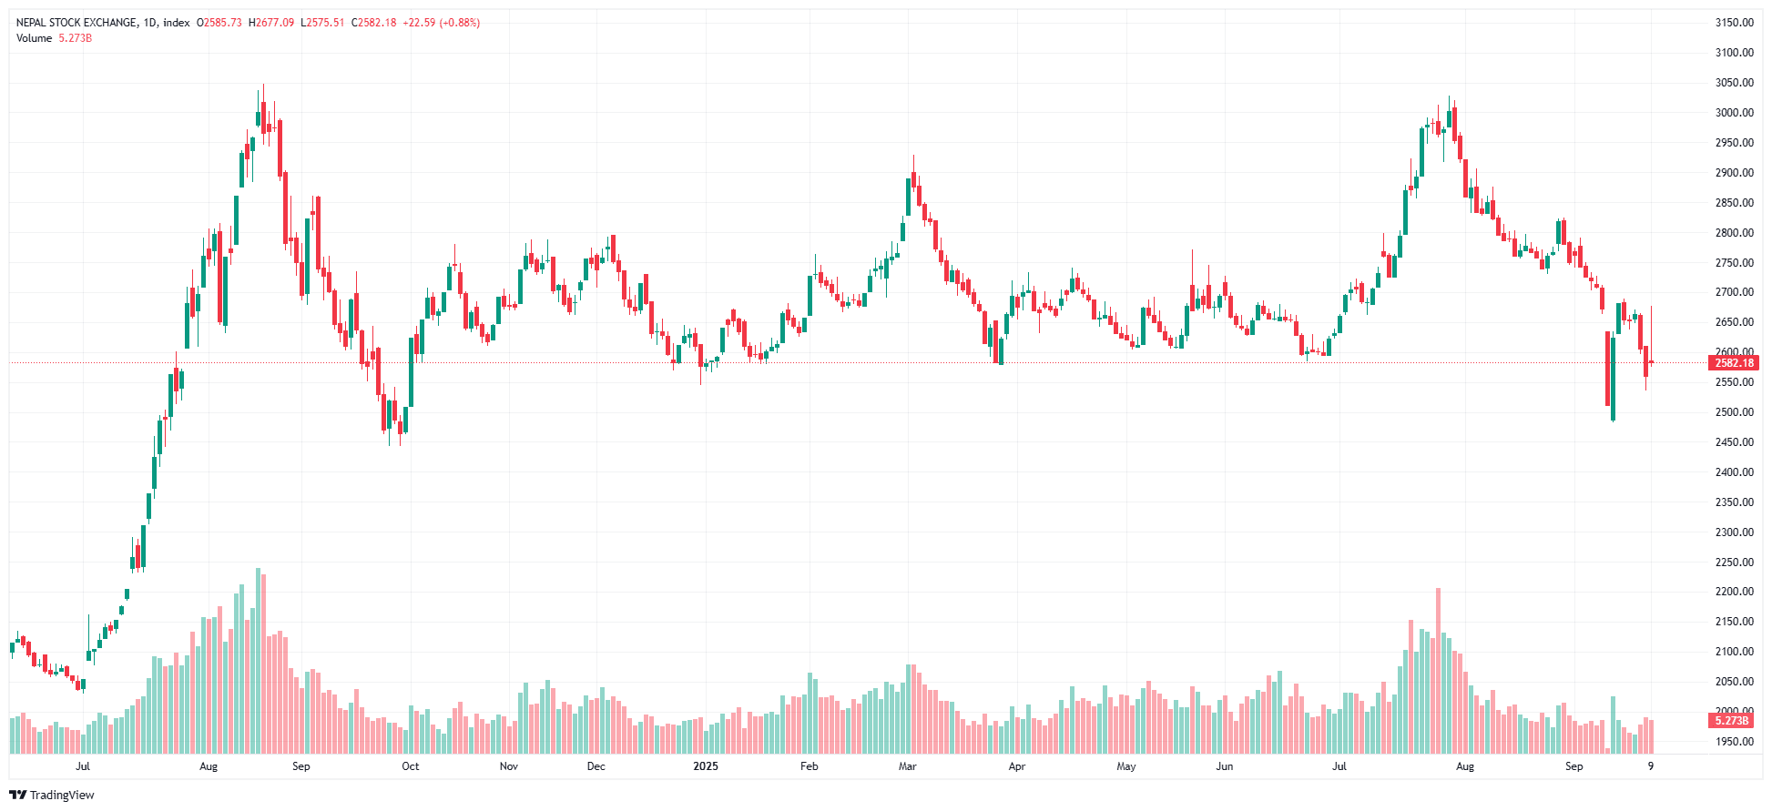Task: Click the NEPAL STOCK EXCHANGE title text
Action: [x=76, y=23]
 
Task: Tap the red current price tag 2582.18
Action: [x=1734, y=363]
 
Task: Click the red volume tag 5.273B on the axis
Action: [x=1732, y=721]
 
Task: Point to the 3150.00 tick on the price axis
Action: [x=1734, y=23]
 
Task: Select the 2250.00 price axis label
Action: [x=1734, y=563]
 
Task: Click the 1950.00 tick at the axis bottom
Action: [x=1734, y=742]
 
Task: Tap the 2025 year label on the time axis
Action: [x=705, y=766]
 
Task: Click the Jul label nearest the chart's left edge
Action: [x=83, y=766]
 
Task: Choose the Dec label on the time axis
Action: [x=596, y=766]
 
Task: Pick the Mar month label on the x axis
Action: [x=907, y=766]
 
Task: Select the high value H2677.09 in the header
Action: [x=271, y=23]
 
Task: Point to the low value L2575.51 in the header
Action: [x=322, y=23]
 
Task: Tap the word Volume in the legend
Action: [x=34, y=38]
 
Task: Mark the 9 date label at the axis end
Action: [x=1650, y=766]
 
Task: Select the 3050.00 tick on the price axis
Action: [x=1734, y=83]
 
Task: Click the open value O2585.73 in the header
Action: [x=219, y=23]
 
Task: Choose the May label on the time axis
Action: [x=1125, y=766]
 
